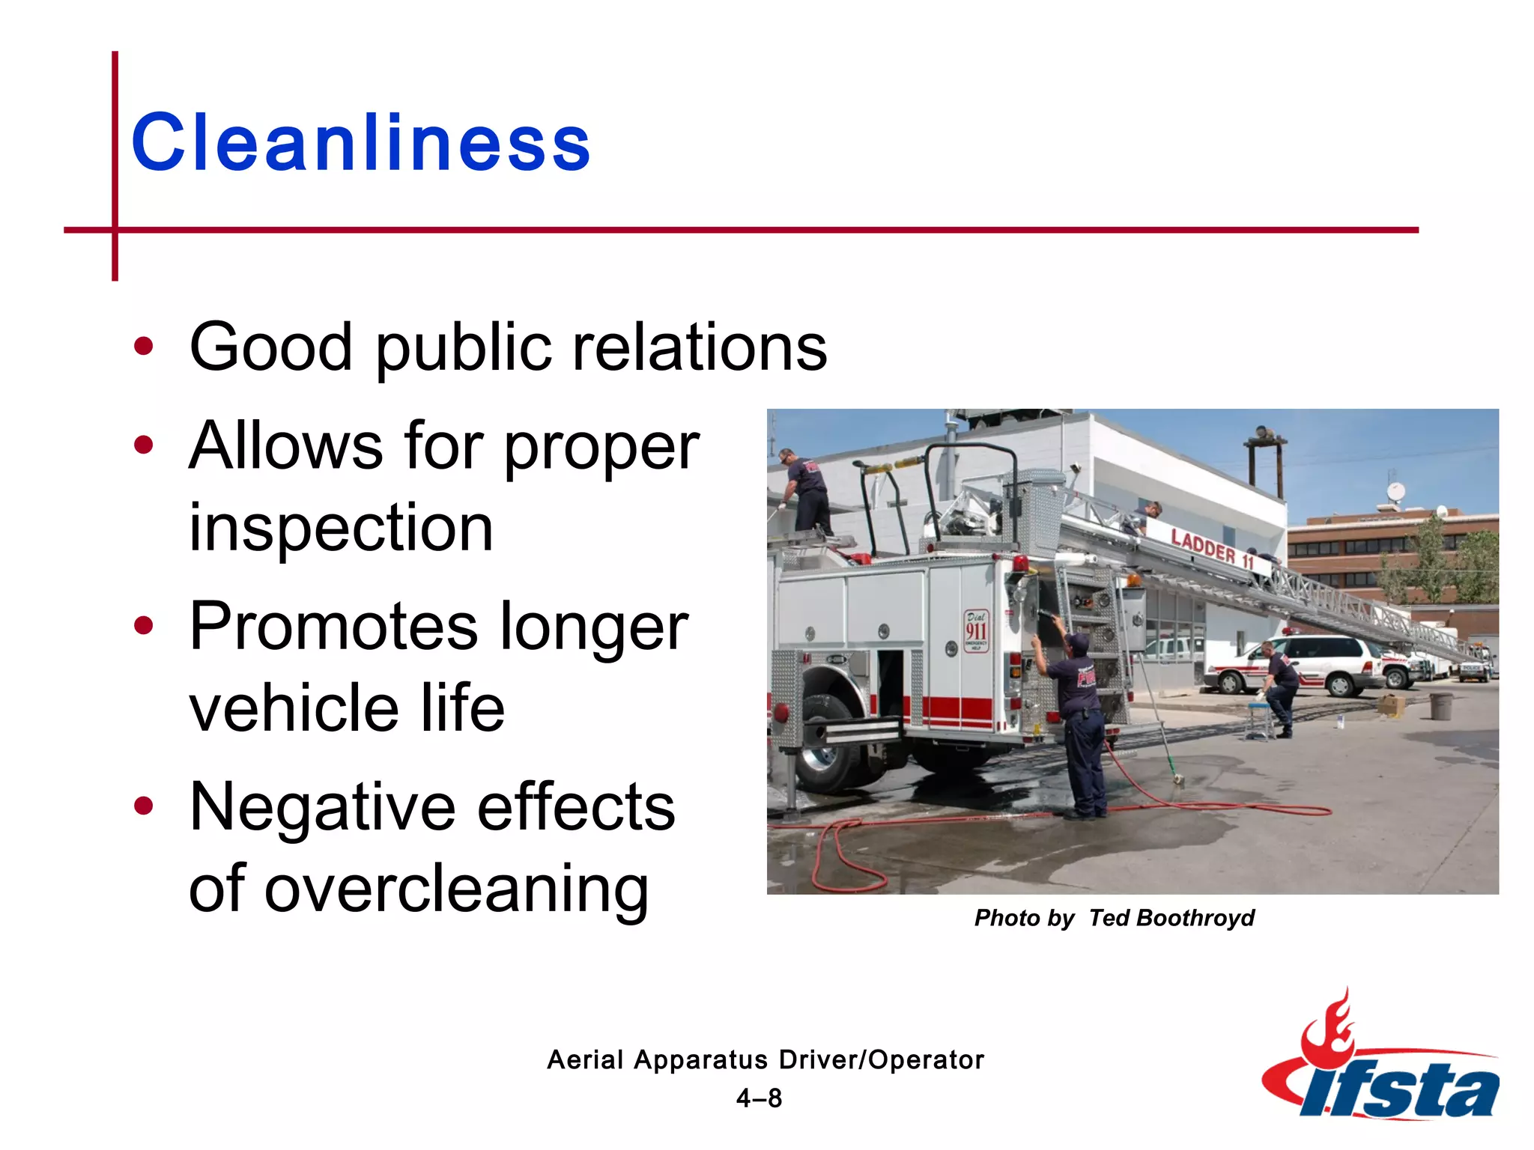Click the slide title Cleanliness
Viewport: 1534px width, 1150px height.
[x=360, y=142]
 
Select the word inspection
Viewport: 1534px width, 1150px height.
[x=341, y=528]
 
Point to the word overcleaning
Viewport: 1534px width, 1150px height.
[x=456, y=889]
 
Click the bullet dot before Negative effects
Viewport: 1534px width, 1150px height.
[x=143, y=806]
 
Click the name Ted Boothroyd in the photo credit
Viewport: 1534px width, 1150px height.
[x=1171, y=918]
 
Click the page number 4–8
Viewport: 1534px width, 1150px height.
[x=759, y=1098]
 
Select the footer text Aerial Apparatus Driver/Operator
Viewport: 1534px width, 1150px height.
[x=765, y=1059]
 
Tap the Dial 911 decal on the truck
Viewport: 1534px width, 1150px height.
[x=976, y=630]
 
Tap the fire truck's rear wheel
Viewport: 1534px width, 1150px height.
[x=828, y=745]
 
